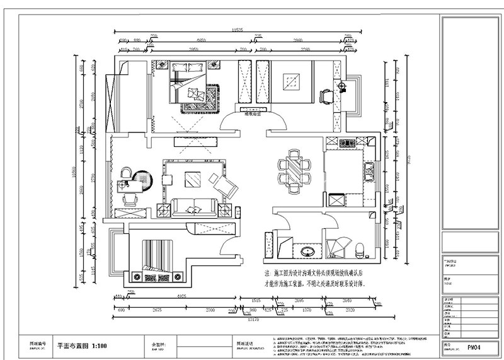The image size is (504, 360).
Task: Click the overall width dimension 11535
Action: click(238, 30)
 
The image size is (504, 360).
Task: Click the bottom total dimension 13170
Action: click(254, 319)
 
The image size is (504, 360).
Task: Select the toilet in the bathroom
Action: click(360, 250)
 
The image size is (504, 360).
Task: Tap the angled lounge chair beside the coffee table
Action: click(224, 186)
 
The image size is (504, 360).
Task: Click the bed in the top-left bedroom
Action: click(193, 86)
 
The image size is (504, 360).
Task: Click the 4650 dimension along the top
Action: click(201, 40)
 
